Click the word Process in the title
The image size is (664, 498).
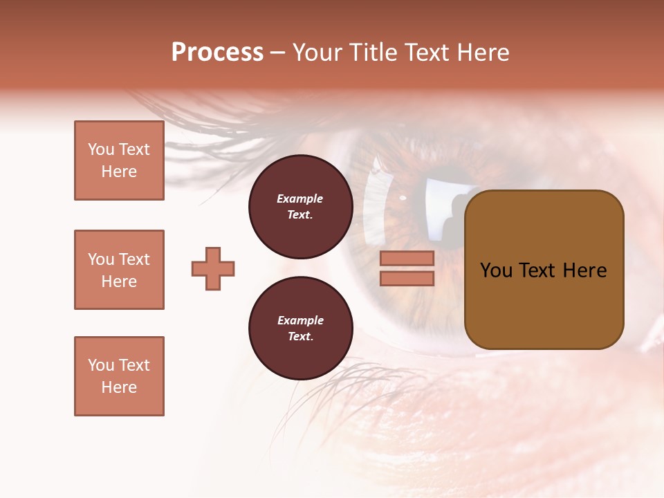tap(217, 53)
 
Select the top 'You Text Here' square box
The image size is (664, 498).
tap(119, 160)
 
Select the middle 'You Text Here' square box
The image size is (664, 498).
tap(119, 270)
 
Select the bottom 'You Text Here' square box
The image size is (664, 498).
tap(119, 376)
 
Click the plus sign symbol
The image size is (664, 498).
tap(213, 268)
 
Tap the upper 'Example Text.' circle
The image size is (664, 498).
tap(300, 207)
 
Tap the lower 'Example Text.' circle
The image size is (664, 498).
tap(300, 329)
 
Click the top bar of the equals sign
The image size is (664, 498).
tap(407, 258)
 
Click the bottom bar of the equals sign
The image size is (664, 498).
tap(407, 279)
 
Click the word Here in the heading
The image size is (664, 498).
tap(481, 53)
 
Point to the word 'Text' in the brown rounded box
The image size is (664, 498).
tap(543, 270)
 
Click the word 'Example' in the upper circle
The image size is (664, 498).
tap(300, 199)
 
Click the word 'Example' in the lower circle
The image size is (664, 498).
tap(300, 320)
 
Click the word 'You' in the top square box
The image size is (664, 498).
tap(101, 149)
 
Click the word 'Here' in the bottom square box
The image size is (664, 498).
tap(119, 387)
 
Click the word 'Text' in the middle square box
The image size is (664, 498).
tap(134, 259)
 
